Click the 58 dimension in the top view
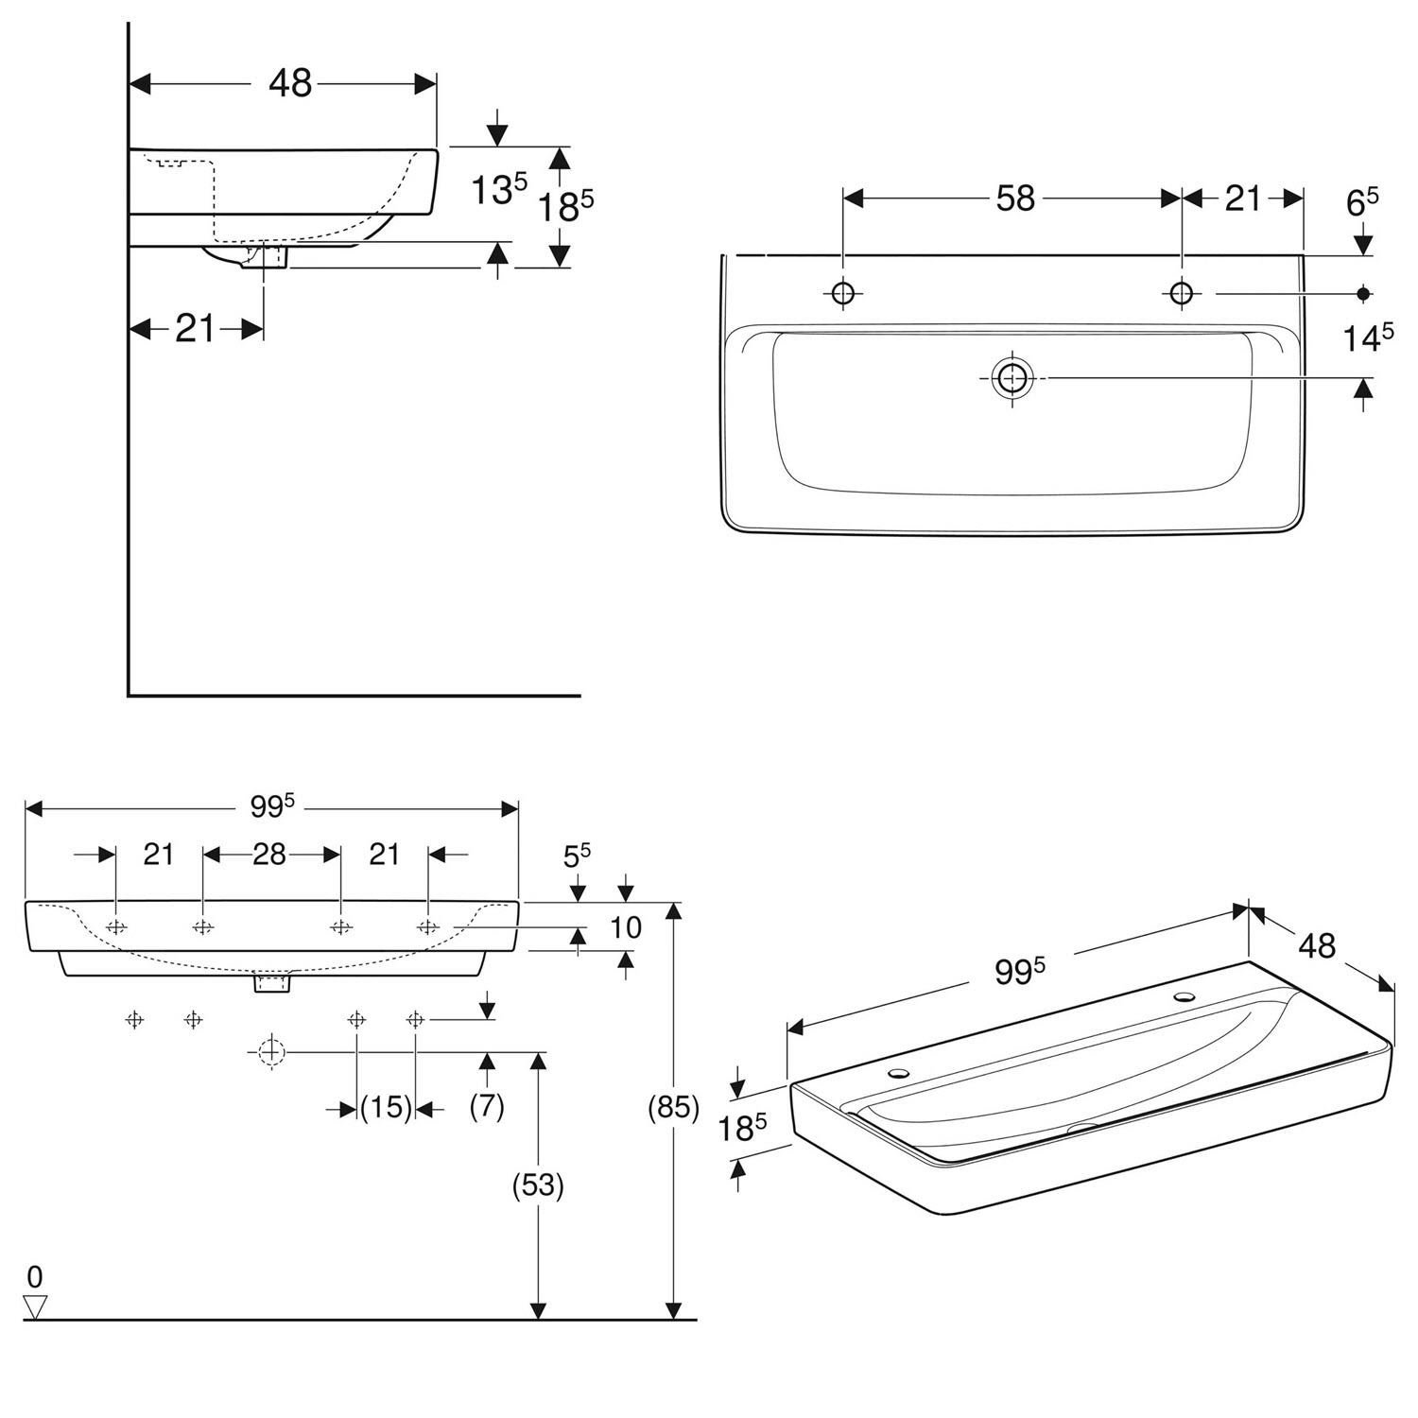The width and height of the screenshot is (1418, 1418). click(1015, 199)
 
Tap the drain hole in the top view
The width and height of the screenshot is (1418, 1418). click(1012, 377)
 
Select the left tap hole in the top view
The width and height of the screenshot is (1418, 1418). click(842, 293)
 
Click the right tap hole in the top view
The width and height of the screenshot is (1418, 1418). click(1181, 293)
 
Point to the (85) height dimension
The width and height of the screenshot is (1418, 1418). click(672, 1107)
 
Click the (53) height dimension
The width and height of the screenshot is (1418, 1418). click(537, 1185)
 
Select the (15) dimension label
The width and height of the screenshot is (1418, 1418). click(386, 1107)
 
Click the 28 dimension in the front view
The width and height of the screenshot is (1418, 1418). click(269, 855)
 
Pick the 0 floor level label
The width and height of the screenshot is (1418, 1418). click(35, 1278)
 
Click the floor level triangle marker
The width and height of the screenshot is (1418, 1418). click(36, 1307)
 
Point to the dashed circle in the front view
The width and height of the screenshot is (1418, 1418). click(271, 1050)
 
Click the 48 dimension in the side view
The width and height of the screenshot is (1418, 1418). click(290, 83)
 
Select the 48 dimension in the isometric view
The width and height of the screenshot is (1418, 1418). click(1317, 945)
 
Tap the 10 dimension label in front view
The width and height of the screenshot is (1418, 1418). click(625, 927)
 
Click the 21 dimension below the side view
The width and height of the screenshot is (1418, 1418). click(196, 328)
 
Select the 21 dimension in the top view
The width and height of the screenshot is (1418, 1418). click(1243, 199)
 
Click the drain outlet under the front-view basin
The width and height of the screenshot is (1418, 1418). click(272, 984)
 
